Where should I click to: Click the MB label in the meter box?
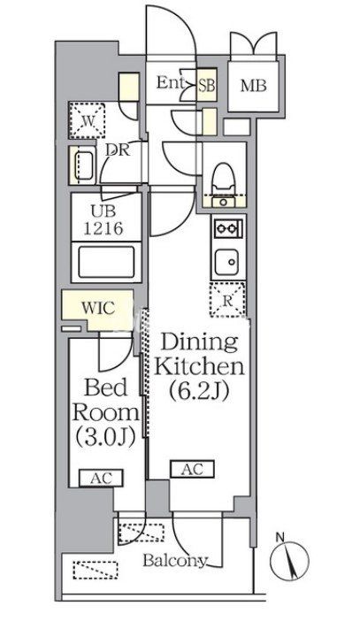(253, 86)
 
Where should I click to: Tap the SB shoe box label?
(207, 85)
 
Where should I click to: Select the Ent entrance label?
(171, 82)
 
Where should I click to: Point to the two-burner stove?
(228, 229)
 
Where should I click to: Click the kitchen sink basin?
(226, 262)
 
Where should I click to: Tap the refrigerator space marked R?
(227, 300)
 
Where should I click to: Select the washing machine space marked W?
(87, 120)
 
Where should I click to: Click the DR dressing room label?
(118, 150)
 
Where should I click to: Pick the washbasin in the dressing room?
(83, 165)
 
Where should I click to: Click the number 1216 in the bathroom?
(103, 228)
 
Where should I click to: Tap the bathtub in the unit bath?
(106, 262)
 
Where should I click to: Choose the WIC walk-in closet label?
(98, 308)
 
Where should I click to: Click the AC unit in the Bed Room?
(101, 478)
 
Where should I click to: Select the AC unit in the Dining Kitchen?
(193, 469)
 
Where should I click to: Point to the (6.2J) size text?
(199, 391)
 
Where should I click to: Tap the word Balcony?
(175, 560)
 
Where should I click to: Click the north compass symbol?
(289, 560)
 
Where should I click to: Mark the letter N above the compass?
(280, 536)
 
